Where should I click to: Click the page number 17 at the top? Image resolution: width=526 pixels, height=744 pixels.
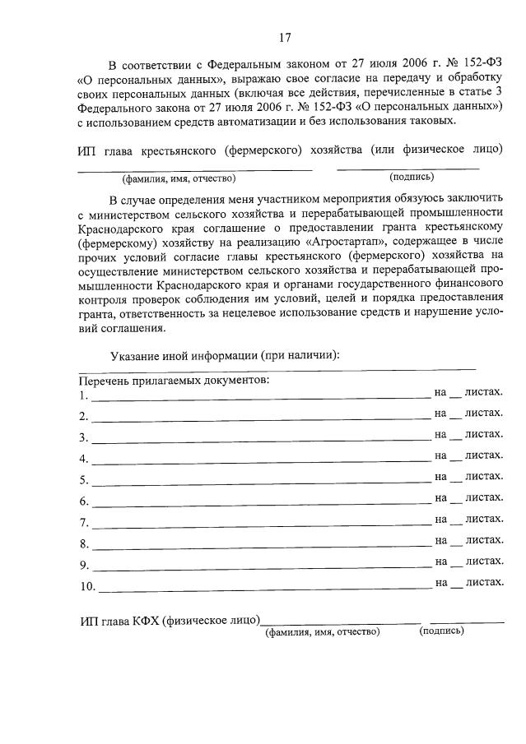[x=285, y=38]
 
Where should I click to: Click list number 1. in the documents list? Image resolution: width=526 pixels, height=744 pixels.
[x=84, y=395]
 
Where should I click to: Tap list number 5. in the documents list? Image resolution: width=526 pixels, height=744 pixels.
[x=84, y=480]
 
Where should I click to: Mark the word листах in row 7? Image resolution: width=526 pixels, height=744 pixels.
[x=483, y=519]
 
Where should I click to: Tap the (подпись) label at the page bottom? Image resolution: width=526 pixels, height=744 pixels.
[x=440, y=631]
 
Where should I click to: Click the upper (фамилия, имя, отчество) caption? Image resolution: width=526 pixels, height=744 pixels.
[x=179, y=178]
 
